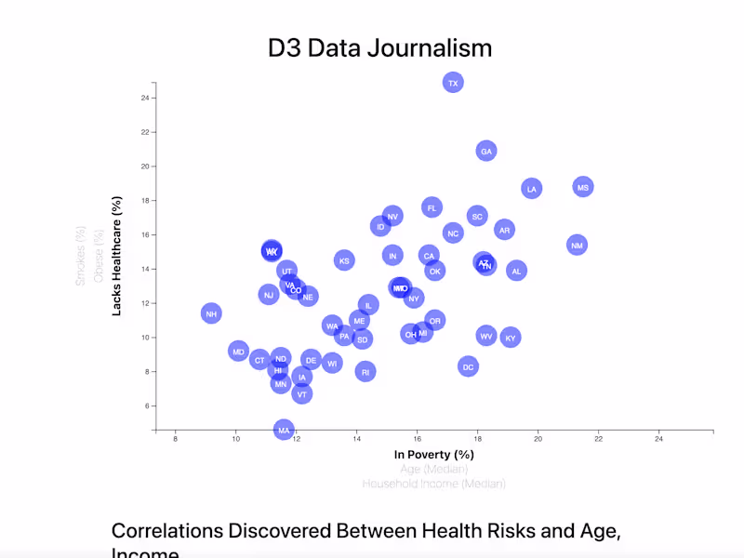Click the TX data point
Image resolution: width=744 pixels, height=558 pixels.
tap(453, 83)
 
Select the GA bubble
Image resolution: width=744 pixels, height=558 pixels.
tap(486, 151)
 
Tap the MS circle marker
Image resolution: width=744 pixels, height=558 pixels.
tap(583, 187)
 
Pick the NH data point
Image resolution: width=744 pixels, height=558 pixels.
tap(211, 313)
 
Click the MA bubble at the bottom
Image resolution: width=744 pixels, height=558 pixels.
tap(285, 429)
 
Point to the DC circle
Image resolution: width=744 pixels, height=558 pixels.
tap(469, 366)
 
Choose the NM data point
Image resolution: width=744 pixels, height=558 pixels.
tap(577, 245)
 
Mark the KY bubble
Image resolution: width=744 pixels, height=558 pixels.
tap(511, 338)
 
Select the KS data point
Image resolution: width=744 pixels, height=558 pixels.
tap(344, 260)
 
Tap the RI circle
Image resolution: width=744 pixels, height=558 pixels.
tap(365, 371)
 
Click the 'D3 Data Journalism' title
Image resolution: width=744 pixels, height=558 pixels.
tap(379, 48)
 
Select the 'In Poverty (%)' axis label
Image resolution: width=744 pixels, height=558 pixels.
tap(433, 455)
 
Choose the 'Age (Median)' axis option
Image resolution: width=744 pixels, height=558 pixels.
tap(433, 470)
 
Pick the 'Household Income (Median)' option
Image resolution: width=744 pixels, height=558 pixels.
tap(433, 484)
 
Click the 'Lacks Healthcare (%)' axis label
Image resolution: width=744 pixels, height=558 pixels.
tap(117, 256)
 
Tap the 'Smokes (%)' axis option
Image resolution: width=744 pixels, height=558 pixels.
tap(81, 256)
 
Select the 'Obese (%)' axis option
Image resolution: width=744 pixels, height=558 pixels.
tap(99, 256)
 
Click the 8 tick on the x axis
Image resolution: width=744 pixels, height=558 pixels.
tap(175, 437)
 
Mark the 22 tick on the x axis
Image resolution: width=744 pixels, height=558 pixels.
tap(598, 437)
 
